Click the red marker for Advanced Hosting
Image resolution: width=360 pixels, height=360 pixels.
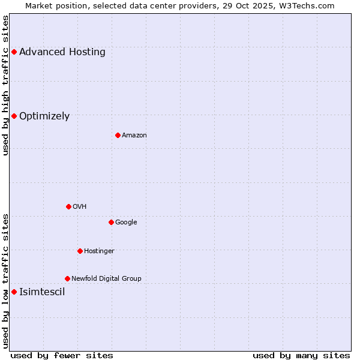[14, 52]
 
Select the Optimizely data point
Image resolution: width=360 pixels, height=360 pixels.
[14, 116]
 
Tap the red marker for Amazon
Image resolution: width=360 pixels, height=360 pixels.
[118, 135]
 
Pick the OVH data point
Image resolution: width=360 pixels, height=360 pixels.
[68, 206]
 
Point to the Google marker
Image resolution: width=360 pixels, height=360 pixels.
[111, 222]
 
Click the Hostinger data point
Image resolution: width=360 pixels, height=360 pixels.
[80, 251]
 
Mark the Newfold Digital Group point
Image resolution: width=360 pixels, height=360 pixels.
[67, 278]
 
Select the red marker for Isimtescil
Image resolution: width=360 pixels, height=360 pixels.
[14, 292]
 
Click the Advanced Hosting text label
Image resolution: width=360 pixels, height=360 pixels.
[62, 52]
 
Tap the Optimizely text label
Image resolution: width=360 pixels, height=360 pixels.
[44, 116]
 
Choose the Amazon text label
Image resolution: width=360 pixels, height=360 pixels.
[134, 136]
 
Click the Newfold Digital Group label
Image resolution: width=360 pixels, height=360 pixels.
[106, 278]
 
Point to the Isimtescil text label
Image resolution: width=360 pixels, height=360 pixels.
[42, 292]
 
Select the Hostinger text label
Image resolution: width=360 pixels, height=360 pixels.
[99, 251]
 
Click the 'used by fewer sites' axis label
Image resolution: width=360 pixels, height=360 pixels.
[62, 355]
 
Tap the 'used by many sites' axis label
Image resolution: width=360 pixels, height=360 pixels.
[301, 355]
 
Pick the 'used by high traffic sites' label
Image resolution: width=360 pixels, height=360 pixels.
[6, 85]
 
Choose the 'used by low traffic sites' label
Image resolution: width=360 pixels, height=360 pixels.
[6, 281]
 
